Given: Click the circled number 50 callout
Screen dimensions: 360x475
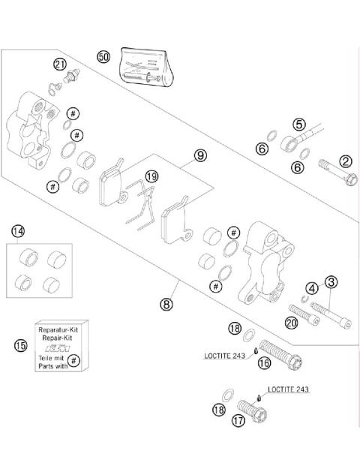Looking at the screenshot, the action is pos(103,57).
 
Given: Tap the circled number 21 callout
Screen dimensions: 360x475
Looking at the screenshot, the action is pos(60,65).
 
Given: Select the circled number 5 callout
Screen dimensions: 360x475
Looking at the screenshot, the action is pos(299,125).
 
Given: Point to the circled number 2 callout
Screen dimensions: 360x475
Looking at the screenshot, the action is pos(346,161).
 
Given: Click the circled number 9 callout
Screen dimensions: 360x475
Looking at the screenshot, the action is pos(200,155).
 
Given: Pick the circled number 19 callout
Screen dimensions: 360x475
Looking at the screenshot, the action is pos(151,176).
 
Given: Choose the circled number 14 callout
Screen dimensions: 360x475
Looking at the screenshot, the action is pos(18,232).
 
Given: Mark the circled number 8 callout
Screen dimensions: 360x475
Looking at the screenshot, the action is pos(166,304).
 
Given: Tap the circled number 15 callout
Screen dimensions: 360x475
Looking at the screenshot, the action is pos(20,345).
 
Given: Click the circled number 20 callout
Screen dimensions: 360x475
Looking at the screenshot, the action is pos(291,323).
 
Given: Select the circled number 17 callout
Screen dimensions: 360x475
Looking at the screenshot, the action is pos(238,420).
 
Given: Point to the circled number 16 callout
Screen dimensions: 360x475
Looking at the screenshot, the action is pos(264,362).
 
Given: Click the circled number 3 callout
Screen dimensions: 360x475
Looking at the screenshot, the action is pos(331,282).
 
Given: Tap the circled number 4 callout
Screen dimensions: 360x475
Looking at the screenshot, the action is pos(312,288).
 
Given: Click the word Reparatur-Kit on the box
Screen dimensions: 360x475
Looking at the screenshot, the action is pos(58,329).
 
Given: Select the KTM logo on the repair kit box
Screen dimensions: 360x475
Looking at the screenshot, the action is pos(58,348).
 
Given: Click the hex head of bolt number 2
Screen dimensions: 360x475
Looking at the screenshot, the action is pos(351,179).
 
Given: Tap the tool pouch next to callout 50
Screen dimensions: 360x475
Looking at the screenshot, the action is pos(146,68).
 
